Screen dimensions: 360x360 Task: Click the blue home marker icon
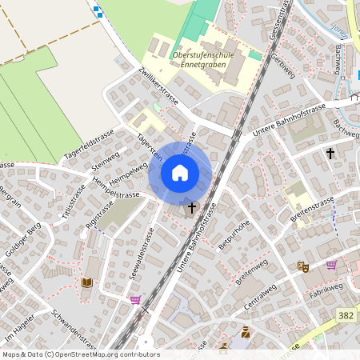[179, 173]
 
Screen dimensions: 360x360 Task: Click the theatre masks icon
[302, 266]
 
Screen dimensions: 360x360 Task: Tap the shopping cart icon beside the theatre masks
[331, 265]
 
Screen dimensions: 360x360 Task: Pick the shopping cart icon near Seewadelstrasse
[135, 300]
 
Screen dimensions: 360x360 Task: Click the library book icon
[87, 283]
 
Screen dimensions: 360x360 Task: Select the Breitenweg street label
[254, 274]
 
